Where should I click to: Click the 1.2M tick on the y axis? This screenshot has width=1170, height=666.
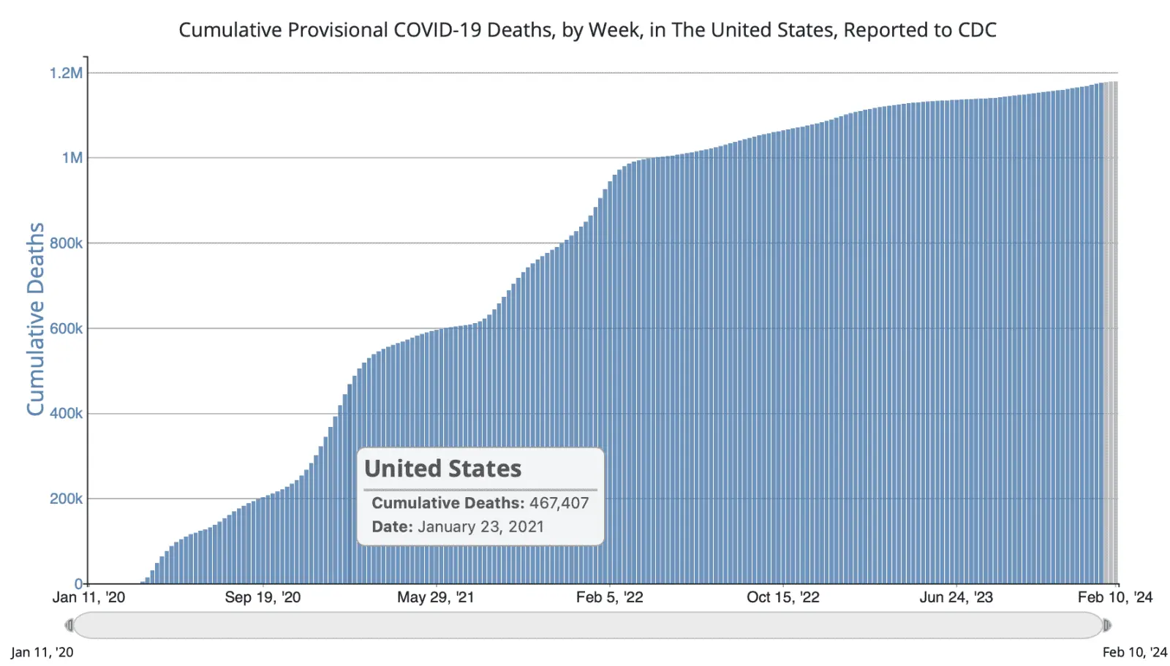pos(66,73)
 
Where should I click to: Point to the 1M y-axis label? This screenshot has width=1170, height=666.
pos(72,158)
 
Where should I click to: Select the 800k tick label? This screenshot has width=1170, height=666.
pos(66,243)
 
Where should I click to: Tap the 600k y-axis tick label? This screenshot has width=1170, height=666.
pos(66,329)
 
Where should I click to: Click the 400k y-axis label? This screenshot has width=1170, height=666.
pos(66,414)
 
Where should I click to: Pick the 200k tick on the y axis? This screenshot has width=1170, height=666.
pos(66,499)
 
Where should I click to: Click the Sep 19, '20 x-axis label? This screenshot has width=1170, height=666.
pos(263,597)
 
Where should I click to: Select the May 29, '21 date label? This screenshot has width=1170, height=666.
pos(435,597)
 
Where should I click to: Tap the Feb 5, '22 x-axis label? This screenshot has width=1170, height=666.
pos(609,597)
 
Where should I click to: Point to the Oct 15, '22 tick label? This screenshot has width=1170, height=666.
pos(782,597)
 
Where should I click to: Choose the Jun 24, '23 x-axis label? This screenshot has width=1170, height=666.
pos(956,597)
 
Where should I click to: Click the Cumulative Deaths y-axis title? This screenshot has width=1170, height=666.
pos(35,319)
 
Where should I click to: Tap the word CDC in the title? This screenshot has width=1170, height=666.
pos(977,30)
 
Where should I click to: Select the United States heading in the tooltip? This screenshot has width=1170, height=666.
pos(442,469)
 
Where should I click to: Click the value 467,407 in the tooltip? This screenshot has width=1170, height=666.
pos(559,503)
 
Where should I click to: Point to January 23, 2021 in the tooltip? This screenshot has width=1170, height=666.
pos(480,527)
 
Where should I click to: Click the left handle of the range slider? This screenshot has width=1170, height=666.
pos(69,625)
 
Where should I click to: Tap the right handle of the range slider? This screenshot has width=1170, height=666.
pos(1107,625)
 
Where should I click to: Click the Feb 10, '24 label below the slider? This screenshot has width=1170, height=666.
pos(1134,652)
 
